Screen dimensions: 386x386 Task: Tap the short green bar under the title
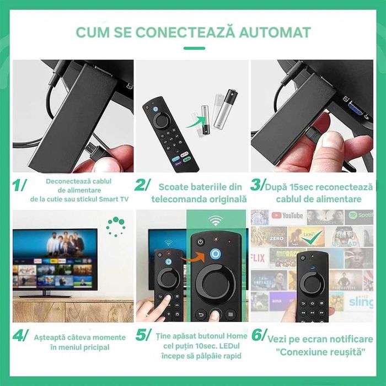193,48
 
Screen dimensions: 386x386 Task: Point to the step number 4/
20,337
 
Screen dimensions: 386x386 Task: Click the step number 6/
258,337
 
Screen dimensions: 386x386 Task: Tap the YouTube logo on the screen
287,216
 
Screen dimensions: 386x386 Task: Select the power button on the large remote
200,242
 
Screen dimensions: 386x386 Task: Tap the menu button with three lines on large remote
230,314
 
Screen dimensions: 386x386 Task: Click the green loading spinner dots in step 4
116,226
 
